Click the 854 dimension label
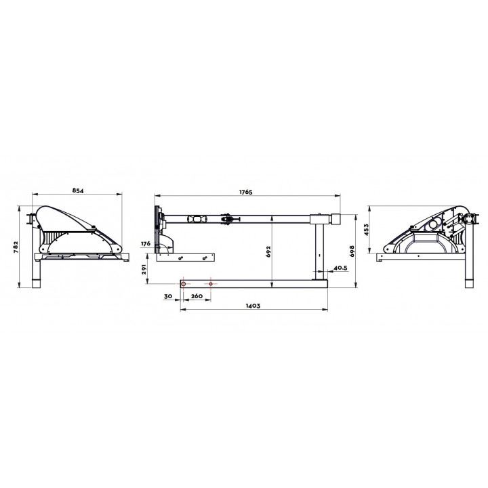click(78, 190)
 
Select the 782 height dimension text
click(16, 247)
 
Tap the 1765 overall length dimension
click(245, 192)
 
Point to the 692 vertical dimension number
click(268, 251)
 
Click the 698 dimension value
click(352, 251)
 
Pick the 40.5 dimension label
click(340, 268)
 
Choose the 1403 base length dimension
click(253, 306)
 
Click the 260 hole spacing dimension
click(197, 296)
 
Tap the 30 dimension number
click(168, 296)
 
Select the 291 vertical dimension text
click(144, 270)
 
